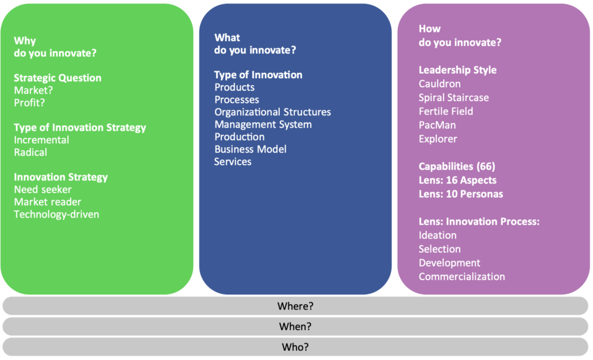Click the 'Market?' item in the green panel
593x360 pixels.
pyautogui.click(x=33, y=90)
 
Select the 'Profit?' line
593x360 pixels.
pyautogui.click(x=29, y=102)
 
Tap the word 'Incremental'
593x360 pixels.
pyautogui.click(x=41, y=140)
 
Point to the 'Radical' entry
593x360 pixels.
pyautogui.click(x=30, y=152)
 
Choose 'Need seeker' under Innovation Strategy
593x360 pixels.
pyautogui.click(x=43, y=189)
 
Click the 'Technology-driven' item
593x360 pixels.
pyautogui.click(x=57, y=215)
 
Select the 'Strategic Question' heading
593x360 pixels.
pyautogui.click(x=58, y=78)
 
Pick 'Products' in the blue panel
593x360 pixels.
pyautogui.click(x=234, y=87)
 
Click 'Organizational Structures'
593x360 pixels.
pyautogui.click(x=273, y=112)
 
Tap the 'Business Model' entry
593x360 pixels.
pyautogui.click(x=251, y=149)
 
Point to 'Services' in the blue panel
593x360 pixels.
pyautogui.click(x=233, y=162)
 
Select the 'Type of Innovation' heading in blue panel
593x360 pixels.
pyautogui.click(x=259, y=75)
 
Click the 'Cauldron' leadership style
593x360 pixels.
pyautogui.click(x=440, y=83)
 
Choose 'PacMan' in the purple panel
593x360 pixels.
pyautogui.click(x=437, y=125)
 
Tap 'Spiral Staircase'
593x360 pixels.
pyautogui.click(x=454, y=98)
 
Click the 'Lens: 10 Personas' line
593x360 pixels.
pyautogui.click(x=461, y=194)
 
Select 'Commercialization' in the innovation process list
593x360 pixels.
pyautogui.click(x=462, y=277)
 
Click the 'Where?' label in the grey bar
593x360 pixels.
pyautogui.click(x=295, y=306)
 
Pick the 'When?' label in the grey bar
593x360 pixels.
pyautogui.click(x=295, y=326)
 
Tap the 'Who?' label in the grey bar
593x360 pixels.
pyautogui.click(x=295, y=347)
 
